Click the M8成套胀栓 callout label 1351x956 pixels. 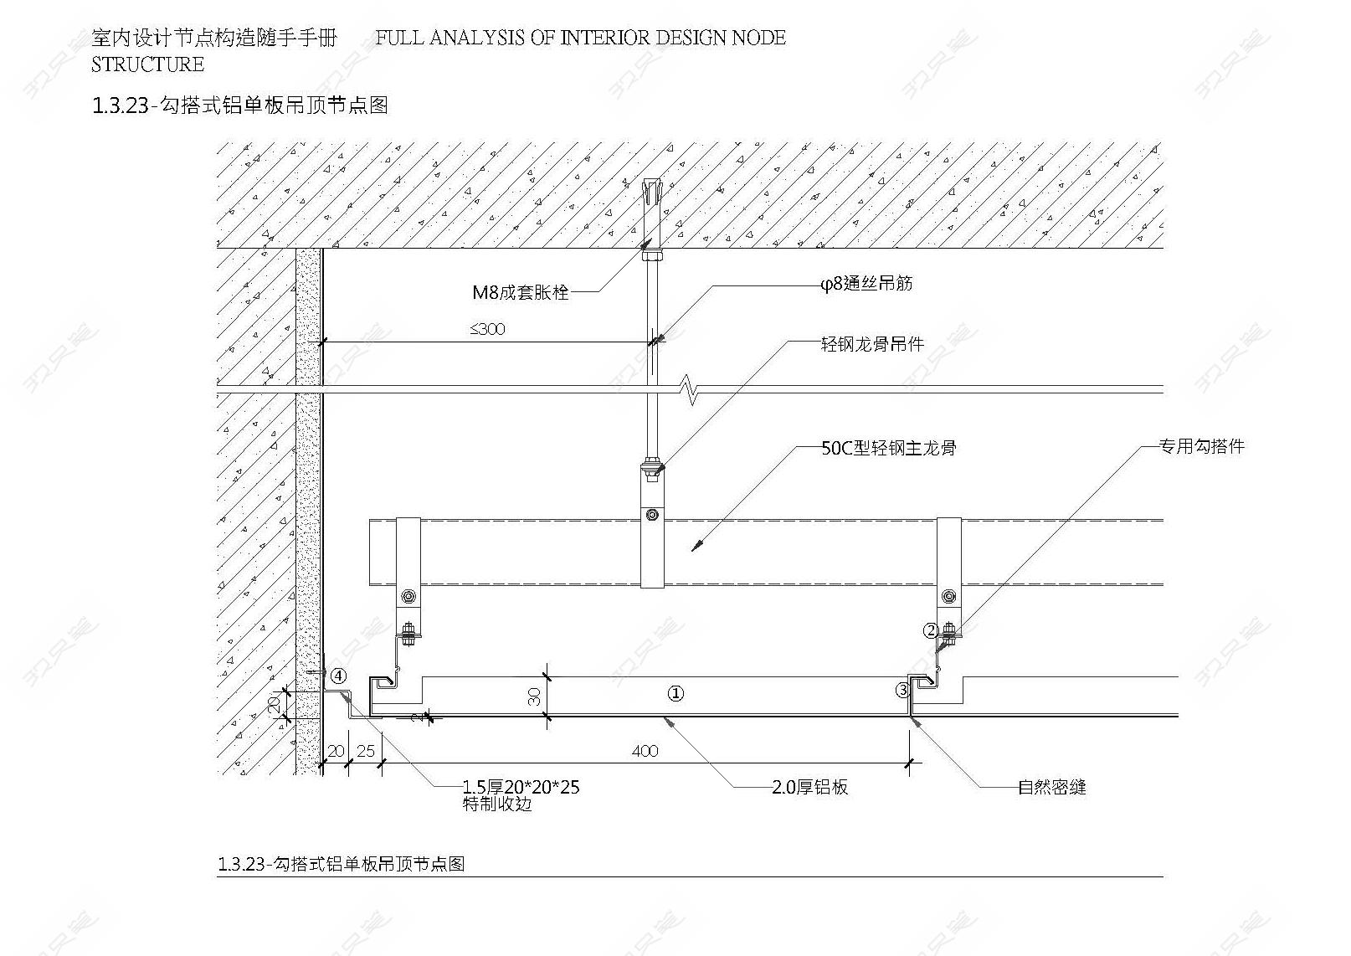[x=521, y=292]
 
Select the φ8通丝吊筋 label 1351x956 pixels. [x=866, y=284]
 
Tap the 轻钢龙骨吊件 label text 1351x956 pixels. [x=872, y=344]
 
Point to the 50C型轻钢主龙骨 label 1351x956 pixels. [x=889, y=448]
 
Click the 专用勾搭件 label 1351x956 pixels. [x=1201, y=446]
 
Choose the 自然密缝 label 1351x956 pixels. [x=1052, y=787]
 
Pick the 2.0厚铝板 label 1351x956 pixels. [x=810, y=787]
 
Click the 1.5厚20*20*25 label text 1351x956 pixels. [x=521, y=787]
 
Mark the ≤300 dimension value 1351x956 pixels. [x=487, y=329]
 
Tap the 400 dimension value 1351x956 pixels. [x=645, y=751]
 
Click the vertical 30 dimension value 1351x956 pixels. [x=534, y=696]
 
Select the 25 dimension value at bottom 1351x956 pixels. [x=366, y=751]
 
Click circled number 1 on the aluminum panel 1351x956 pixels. [x=675, y=694]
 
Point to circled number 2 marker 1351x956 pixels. [x=932, y=631]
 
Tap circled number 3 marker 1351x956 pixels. [x=903, y=690]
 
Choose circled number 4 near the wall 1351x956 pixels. [x=339, y=676]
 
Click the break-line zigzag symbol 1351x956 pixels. [x=690, y=389]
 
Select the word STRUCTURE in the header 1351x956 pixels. [x=148, y=64]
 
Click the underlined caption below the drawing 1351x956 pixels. [x=341, y=864]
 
